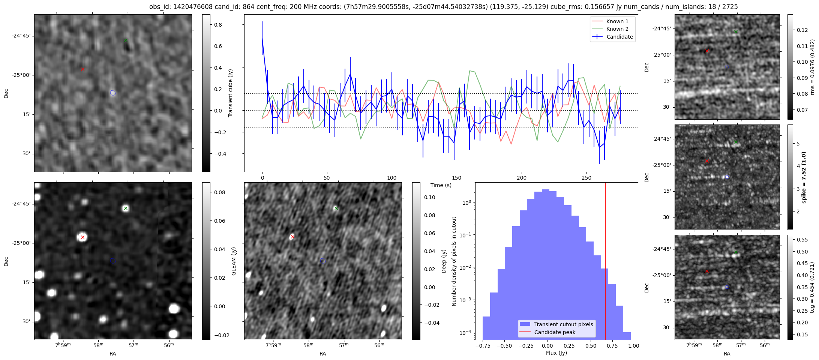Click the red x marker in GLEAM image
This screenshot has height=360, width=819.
[x=82, y=237]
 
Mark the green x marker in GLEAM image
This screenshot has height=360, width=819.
[x=126, y=208]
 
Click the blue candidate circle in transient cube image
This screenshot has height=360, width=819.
[x=113, y=93]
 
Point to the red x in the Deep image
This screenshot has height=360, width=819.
[x=292, y=237]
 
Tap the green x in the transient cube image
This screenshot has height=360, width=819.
[x=126, y=40]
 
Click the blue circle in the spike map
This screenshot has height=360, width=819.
[x=727, y=177]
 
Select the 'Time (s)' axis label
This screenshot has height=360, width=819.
[x=441, y=185]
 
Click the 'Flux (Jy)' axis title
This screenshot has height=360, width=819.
[x=556, y=353]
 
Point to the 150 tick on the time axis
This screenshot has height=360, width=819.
[x=456, y=178]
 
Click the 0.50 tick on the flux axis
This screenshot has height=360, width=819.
[x=590, y=346]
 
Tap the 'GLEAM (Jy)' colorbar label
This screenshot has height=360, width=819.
[x=234, y=261]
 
